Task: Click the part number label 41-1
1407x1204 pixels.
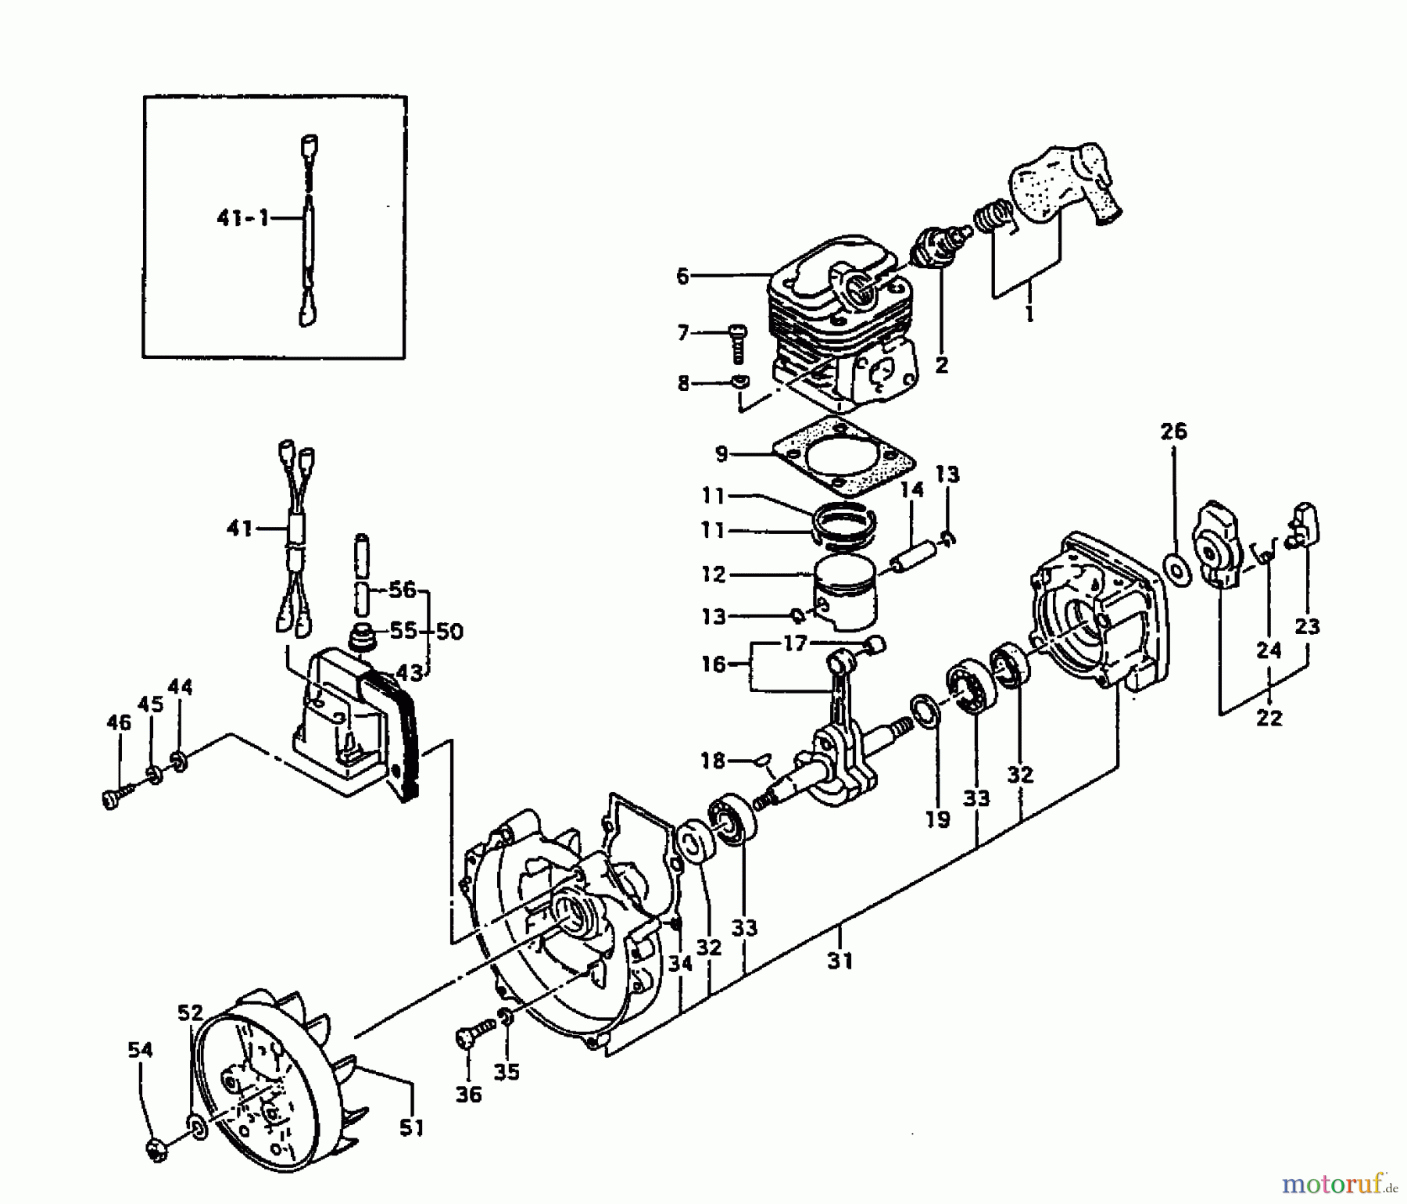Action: (242, 219)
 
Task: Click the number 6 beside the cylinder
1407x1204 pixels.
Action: (682, 277)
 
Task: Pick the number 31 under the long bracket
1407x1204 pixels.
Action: (840, 960)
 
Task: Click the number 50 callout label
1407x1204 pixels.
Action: (449, 631)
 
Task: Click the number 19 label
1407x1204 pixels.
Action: (937, 819)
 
